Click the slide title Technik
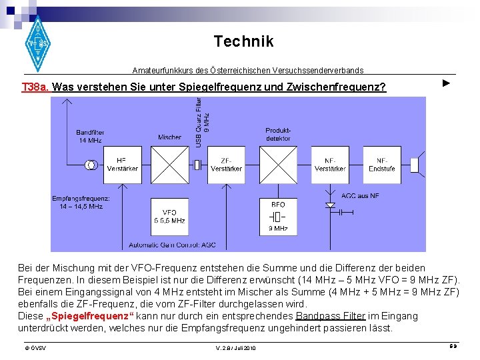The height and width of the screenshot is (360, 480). tap(243, 41)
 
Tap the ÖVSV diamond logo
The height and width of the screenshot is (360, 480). tap(37, 43)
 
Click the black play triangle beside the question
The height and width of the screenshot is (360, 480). tap(447, 83)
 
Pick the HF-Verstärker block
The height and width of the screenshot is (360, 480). tap(122, 164)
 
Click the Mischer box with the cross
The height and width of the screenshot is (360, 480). tap(170, 165)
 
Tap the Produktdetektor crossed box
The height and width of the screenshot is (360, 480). tap(278, 165)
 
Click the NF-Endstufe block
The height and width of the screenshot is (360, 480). tap(382, 164)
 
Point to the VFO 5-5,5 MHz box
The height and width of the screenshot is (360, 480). tap(169, 215)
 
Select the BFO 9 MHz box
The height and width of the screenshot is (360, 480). tap(278, 216)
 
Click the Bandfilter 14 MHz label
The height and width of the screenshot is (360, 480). tap(90, 136)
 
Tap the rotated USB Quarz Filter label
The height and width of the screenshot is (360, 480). tap(202, 123)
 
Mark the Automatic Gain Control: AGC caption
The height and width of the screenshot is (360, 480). tap(172, 245)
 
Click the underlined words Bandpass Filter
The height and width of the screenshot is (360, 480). tap(331, 315)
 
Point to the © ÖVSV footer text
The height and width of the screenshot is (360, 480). tap(31, 348)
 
